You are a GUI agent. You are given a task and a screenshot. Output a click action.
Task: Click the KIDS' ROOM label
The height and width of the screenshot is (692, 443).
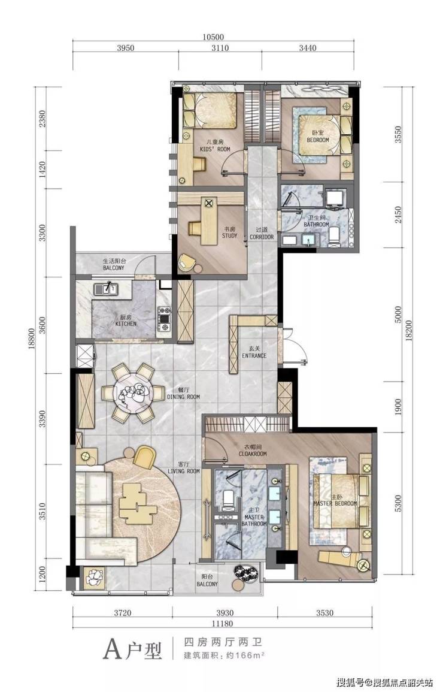coord(215,149)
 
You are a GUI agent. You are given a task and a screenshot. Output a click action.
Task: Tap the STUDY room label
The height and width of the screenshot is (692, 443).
coord(230,235)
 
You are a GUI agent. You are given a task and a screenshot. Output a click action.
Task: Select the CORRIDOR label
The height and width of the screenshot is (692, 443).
coord(262,237)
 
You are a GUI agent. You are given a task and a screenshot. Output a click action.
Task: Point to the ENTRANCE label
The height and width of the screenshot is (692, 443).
coord(254,356)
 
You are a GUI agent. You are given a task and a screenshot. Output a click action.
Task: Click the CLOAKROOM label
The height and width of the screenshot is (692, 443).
coord(253,454)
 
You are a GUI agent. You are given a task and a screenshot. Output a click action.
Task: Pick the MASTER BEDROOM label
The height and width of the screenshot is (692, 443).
coord(335,503)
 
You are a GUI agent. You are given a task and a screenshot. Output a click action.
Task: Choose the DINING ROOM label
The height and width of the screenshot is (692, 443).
coord(183,397)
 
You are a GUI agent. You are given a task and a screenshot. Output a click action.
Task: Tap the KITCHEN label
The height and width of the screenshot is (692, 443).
coord(126,324)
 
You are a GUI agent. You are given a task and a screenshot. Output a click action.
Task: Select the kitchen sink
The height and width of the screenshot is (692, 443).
coord(105,289)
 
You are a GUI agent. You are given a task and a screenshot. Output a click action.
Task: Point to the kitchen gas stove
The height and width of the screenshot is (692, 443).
coord(165,319)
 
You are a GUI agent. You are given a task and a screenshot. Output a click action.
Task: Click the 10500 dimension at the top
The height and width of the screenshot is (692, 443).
coord(214,37)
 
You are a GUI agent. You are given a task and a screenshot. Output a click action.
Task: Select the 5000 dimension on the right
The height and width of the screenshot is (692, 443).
coord(399,314)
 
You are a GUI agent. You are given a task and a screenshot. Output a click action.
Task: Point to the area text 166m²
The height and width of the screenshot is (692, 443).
coord(250,655)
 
